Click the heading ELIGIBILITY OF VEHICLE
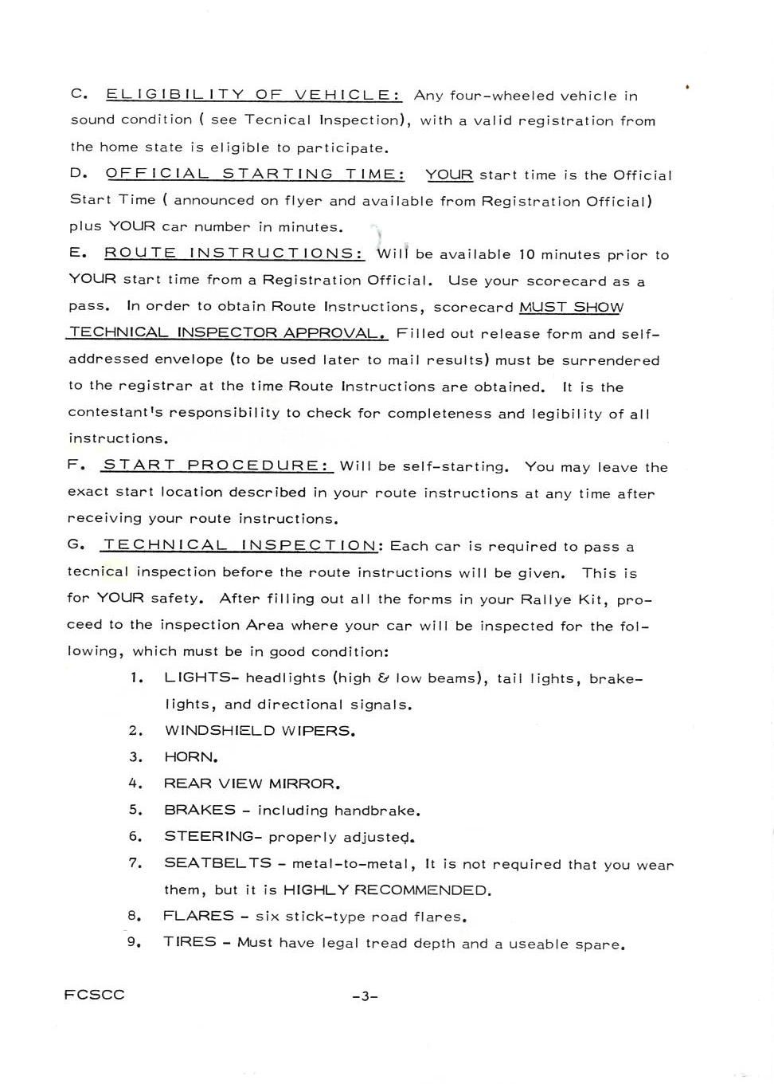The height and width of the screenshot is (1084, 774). [253, 95]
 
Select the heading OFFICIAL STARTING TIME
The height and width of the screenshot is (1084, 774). [255, 174]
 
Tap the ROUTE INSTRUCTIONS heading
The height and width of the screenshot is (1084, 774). [234, 253]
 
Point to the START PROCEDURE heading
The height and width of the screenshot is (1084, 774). [217, 465]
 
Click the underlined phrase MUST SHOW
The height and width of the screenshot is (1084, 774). [571, 307]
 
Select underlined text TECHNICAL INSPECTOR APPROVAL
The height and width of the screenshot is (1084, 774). [227, 333]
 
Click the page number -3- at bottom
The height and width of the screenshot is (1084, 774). [364, 996]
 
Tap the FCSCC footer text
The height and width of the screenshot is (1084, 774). [95, 995]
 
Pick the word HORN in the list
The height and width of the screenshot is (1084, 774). [190, 757]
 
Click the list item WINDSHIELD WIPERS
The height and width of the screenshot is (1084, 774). [258, 731]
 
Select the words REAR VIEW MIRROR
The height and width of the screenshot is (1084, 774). [250, 784]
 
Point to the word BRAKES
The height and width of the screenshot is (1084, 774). [200, 810]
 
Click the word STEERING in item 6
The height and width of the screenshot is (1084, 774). [209, 836]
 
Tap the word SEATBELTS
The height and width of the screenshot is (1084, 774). [217, 863]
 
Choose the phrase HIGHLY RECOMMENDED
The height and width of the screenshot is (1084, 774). [386, 890]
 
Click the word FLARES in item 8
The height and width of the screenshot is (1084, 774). [198, 916]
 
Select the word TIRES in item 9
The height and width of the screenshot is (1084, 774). [190, 942]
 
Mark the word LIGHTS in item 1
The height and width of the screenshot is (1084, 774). [197, 677]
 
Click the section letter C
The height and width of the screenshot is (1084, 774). [77, 94]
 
